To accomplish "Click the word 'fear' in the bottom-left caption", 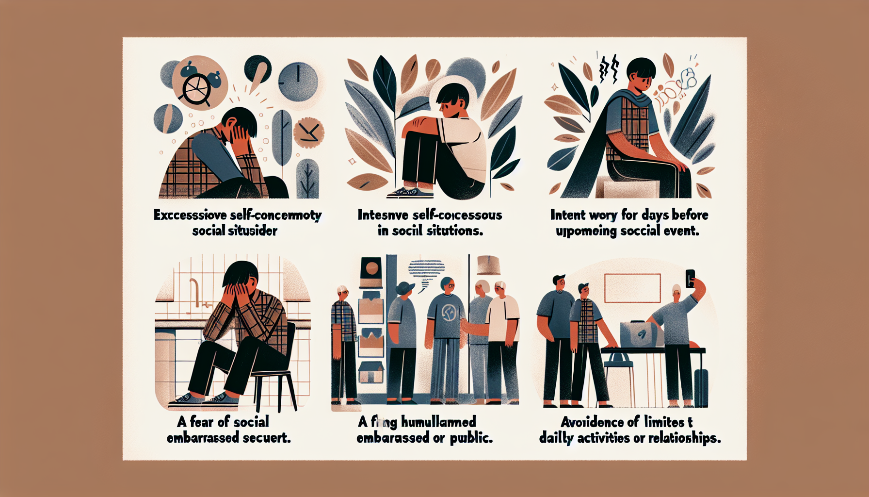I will point(202,422).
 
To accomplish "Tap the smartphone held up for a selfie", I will point(690,278).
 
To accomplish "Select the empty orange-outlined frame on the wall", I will point(632,288).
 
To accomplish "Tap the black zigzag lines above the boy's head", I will point(609,69).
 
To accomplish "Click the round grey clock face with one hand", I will point(298,80).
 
